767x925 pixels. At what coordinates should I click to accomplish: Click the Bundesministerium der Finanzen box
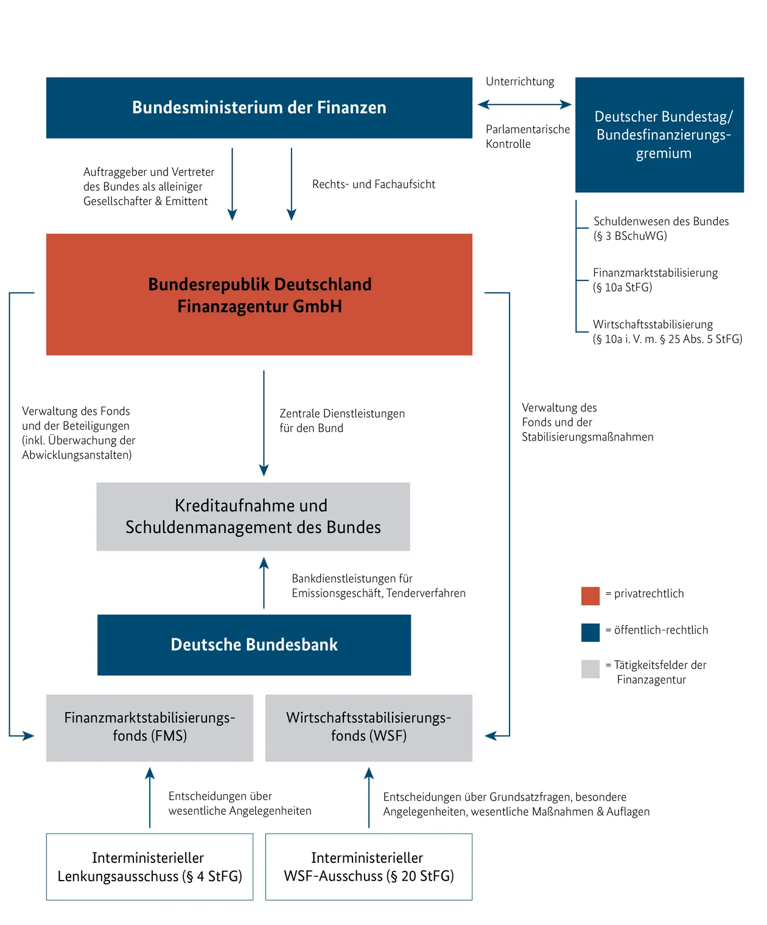(x=259, y=108)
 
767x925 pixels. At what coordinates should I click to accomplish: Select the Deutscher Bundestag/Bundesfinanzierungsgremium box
(x=659, y=134)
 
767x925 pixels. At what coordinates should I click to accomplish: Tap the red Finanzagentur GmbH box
(x=259, y=295)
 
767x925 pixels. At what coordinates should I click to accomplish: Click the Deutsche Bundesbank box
(x=254, y=644)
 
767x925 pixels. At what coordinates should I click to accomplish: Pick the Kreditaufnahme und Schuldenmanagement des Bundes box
(x=253, y=517)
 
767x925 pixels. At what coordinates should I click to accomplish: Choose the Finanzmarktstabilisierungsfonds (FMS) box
(x=149, y=727)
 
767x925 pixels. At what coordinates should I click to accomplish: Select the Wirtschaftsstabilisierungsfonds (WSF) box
(x=368, y=727)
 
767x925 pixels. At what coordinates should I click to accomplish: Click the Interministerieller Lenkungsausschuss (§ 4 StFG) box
(x=149, y=867)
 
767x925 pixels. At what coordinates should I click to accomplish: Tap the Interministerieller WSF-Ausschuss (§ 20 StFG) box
(x=368, y=867)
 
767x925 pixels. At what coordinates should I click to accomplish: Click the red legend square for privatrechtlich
(x=590, y=596)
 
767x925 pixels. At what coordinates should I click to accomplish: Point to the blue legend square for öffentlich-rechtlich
(x=590, y=632)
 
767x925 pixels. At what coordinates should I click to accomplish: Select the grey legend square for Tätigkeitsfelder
(x=590, y=669)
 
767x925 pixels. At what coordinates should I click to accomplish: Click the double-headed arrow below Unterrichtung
(x=524, y=105)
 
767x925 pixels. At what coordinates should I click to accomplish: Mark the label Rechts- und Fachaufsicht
(x=373, y=184)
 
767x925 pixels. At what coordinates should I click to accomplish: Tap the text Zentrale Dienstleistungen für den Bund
(x=341, y=421)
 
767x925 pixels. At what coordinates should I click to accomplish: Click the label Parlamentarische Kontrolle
(x=527, y=136)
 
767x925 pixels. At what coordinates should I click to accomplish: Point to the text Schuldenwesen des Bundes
(x=660, y=222)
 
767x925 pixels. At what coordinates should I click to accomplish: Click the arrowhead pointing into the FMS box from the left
(x=28, y=736)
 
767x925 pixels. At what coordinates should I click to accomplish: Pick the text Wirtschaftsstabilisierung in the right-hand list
(x=653, y=324)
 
